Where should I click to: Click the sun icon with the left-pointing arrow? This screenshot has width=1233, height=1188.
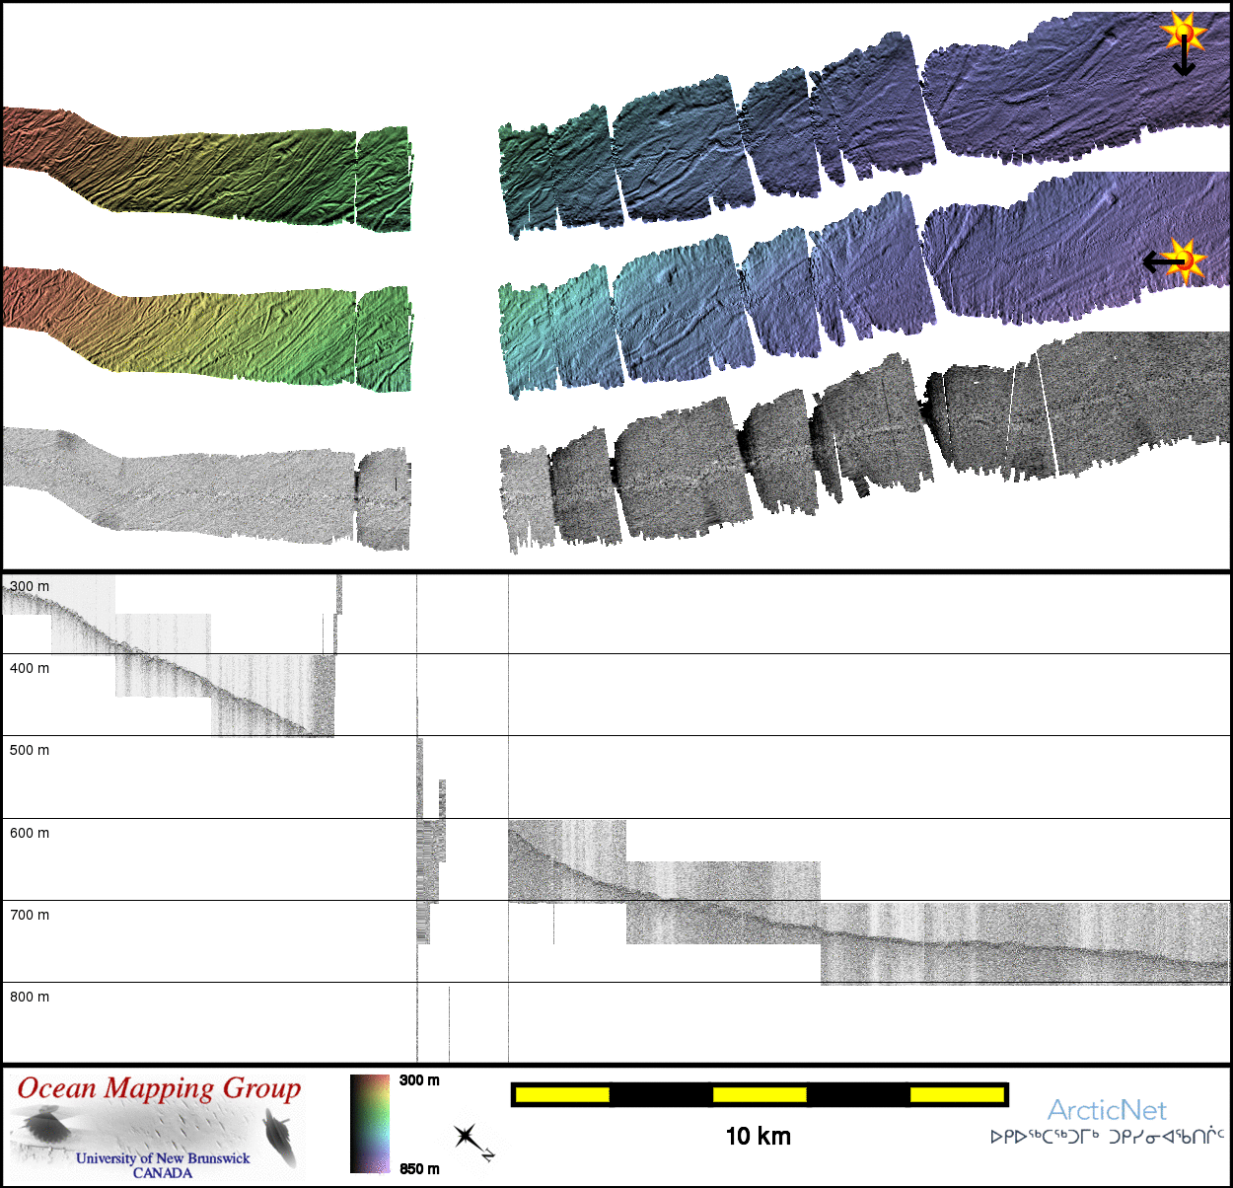pos(1185,260)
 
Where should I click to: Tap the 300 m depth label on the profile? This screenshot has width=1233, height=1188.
pos(30,586)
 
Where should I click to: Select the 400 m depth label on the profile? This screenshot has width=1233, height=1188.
pos(30,668)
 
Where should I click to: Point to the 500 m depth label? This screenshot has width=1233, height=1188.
pos(30,750)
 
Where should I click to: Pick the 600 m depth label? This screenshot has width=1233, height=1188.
pos(30,833)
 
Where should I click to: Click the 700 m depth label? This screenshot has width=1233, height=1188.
pos(30,915)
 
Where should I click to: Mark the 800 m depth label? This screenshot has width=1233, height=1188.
pos(30,997)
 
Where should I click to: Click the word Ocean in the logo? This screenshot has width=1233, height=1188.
pos(57,1088)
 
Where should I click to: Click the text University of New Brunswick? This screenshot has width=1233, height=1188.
pos(163,1158)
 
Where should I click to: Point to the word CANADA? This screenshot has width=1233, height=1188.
pos(163,1173)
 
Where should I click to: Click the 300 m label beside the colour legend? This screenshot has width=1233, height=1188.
pos(419,1080)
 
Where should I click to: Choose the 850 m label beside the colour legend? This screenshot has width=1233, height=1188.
pos(419,1169)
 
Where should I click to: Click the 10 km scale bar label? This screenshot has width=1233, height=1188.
pos(758,1137)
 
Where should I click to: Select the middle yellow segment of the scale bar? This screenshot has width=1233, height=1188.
pos(760,1094)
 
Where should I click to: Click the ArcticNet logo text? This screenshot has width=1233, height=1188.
pos(1107,1111)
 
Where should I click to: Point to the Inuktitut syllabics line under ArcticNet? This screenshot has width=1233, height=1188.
pos(1107,1137)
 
